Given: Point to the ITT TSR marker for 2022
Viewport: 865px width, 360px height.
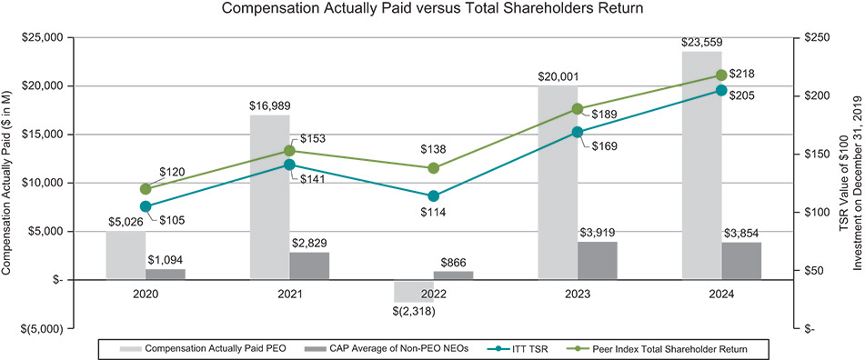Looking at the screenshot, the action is pos(434,195).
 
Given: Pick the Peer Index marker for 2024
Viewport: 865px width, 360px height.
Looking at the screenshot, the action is pos(721,75).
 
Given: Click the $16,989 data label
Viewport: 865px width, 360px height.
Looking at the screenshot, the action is pos(270,105).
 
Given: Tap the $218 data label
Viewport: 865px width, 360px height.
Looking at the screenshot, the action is pos(742,74).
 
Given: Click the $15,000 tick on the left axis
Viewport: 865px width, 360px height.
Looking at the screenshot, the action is pos(42,135).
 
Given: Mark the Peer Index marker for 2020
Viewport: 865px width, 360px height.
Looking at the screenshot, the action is pos(146,188).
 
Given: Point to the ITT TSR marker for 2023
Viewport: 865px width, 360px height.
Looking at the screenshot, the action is pos(578,132).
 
